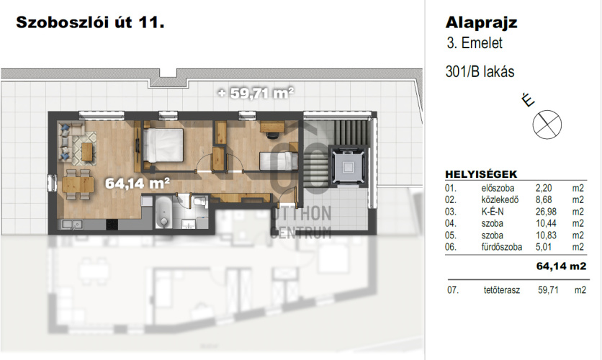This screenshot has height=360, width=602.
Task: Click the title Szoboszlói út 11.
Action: coord(90,22)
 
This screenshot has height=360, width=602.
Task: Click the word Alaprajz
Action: coord(482,23)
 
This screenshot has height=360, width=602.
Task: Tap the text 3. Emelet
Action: coord(475,43)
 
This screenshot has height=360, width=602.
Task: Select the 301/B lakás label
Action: coord(480,72)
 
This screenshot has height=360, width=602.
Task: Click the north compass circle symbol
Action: coord(547,125)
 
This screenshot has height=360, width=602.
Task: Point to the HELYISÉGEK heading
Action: coord(481,174)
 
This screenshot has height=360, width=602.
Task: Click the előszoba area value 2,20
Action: coord(544,188)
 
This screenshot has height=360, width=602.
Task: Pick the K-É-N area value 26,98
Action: coord(546,212)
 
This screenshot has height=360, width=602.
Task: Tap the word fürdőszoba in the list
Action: coord(502,247)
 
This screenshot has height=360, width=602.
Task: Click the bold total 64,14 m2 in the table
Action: coord(561,266)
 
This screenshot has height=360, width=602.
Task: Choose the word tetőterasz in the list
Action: coord(502,289)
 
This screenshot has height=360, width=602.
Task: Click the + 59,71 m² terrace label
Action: coord(256,92)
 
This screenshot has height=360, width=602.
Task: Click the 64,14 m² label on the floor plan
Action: coord(138,183)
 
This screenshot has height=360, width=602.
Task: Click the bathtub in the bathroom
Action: coord(163,212)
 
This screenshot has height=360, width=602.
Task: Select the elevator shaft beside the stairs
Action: coord(349,166)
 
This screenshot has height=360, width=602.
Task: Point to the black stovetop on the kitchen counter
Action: coord(112,224)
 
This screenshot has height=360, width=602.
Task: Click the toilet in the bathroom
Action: coord(199,201)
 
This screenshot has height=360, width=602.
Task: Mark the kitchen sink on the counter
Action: coord(71,224)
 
